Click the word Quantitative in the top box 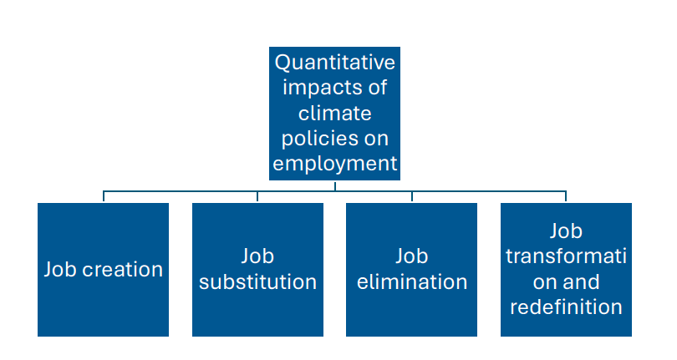tap(335, 63)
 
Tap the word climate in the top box tap(334, 112)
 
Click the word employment tap(335, 163)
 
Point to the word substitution tap(257, 282)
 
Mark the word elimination tap(411, 282)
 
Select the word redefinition tap(566, 307)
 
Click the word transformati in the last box tap(566, 256)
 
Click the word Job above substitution tap(257, 256)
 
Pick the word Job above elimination tap(411, 256)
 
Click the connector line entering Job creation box tap(104, 196)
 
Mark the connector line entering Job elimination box tap(412, 196)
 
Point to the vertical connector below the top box tap(334, 185)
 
